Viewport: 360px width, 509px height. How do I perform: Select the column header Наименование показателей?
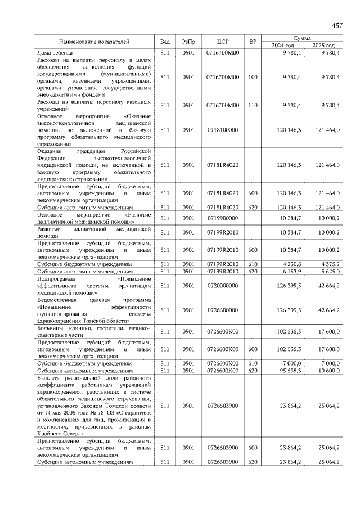click(94, 42)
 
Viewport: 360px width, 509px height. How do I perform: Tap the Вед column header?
click(165, 42)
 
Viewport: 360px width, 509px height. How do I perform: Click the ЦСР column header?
click(223, 42)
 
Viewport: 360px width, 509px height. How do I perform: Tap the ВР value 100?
click(253, 77)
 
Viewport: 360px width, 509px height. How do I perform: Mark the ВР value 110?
click(253, 105)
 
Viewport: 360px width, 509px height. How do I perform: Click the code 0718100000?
click(223, 130)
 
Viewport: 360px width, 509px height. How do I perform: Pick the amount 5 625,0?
click(328, 271)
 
